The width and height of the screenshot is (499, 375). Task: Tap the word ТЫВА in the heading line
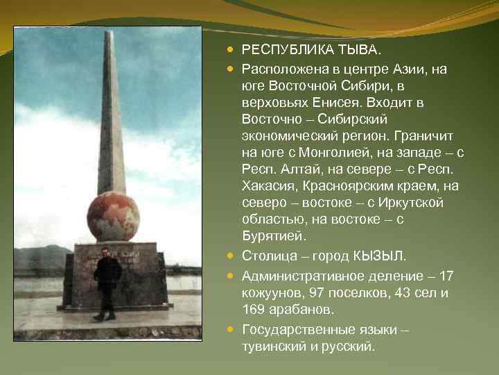[358, 50]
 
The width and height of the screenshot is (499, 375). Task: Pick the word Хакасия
[271, 186]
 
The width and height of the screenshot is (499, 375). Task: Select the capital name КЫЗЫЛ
[385, 257]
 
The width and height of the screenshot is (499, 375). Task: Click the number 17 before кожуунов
[447, 276]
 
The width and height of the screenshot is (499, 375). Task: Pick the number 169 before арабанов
[253, 310]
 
